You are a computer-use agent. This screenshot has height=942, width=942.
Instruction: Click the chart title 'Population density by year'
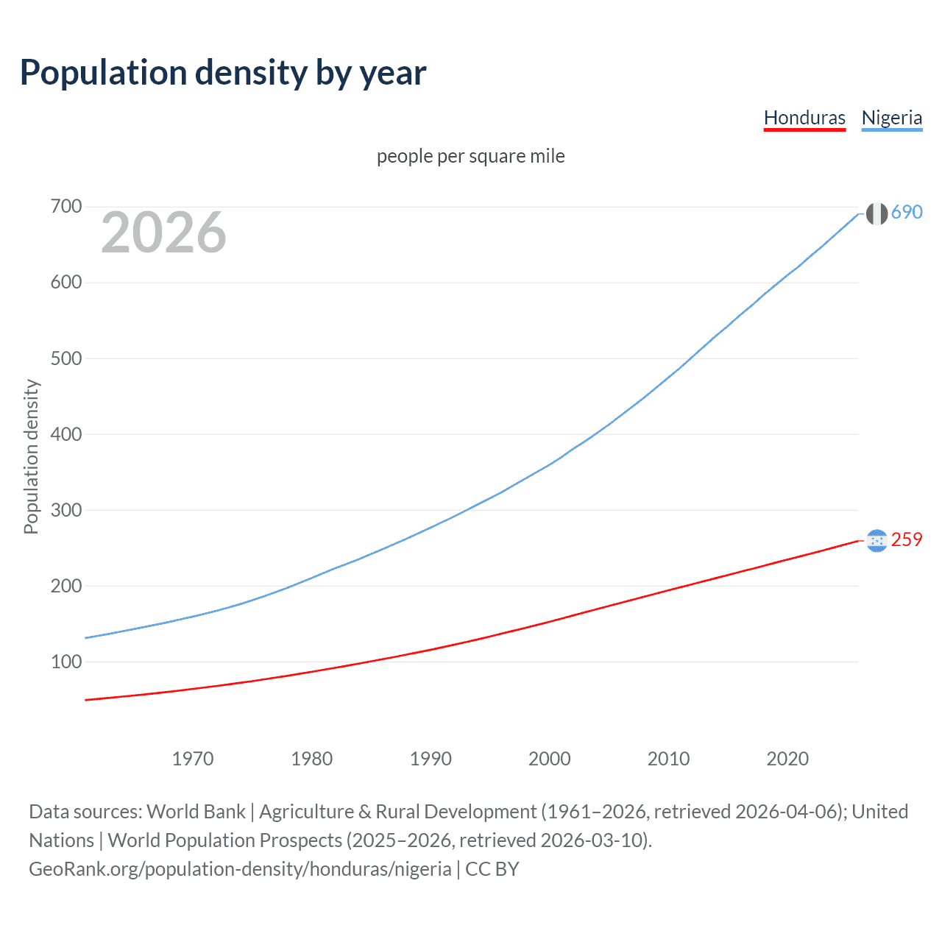pos(223,73)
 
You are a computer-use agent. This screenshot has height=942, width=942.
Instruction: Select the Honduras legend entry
pos(804,118)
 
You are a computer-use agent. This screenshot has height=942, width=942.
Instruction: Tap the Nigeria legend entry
pos(891,118)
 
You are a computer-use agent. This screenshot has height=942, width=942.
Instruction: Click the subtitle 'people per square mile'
pos(470,156)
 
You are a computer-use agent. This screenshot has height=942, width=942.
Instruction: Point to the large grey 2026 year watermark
pos(163,233)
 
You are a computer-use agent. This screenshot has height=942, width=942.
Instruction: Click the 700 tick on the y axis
pos(65,207)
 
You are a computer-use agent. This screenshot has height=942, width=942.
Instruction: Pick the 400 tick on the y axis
pos(65,434)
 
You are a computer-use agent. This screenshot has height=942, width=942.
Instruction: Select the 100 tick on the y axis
pos(65,662)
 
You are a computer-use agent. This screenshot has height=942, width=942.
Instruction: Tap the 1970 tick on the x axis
pos(193,759)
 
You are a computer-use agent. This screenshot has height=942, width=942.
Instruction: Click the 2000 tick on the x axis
pos(549,759)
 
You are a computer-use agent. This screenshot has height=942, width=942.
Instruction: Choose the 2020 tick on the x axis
pos(787,759)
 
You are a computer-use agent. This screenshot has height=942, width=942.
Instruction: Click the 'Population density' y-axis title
pos(31,456)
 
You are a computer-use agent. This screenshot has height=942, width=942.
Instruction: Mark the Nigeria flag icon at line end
pos(876,213)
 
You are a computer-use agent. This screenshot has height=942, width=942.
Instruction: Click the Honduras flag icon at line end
pos(876,541)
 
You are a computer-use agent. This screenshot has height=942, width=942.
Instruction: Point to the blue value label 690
pos(907,213)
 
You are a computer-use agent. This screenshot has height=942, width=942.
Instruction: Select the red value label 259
pos(907,540)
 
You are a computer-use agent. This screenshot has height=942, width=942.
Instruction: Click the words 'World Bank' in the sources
pos(196,812)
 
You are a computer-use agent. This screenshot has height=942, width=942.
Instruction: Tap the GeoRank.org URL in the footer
pos(240,869)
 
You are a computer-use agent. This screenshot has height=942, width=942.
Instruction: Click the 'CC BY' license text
pos(492,869)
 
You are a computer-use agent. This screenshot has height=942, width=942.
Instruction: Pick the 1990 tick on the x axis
pos(431,759)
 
